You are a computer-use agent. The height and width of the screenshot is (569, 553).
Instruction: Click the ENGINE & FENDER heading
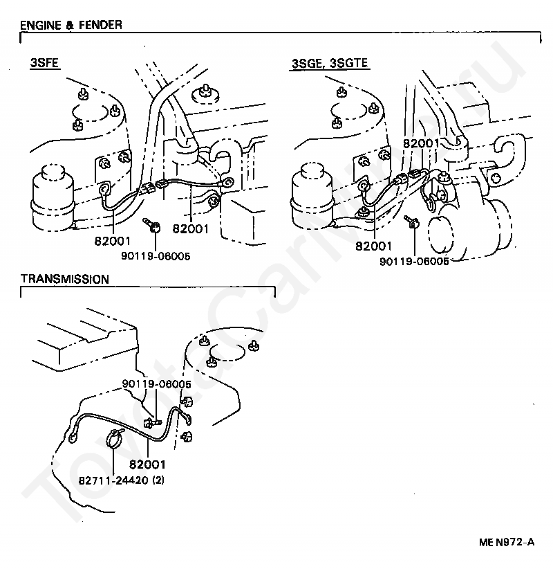[x=71, y=25]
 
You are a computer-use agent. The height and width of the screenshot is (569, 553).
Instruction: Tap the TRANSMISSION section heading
[x=64, y=280]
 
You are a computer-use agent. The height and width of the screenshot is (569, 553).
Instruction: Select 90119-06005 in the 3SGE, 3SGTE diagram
[x=413, y=261]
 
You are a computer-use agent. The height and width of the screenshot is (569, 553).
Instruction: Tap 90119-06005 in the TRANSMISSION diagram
[x=156, y=383]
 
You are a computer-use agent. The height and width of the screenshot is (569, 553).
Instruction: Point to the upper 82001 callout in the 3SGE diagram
[x=421, y=143]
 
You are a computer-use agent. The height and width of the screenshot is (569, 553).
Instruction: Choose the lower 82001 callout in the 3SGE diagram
[x=374, y=245]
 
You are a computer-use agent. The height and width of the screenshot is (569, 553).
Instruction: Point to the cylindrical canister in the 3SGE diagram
[x=312, y=197]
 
